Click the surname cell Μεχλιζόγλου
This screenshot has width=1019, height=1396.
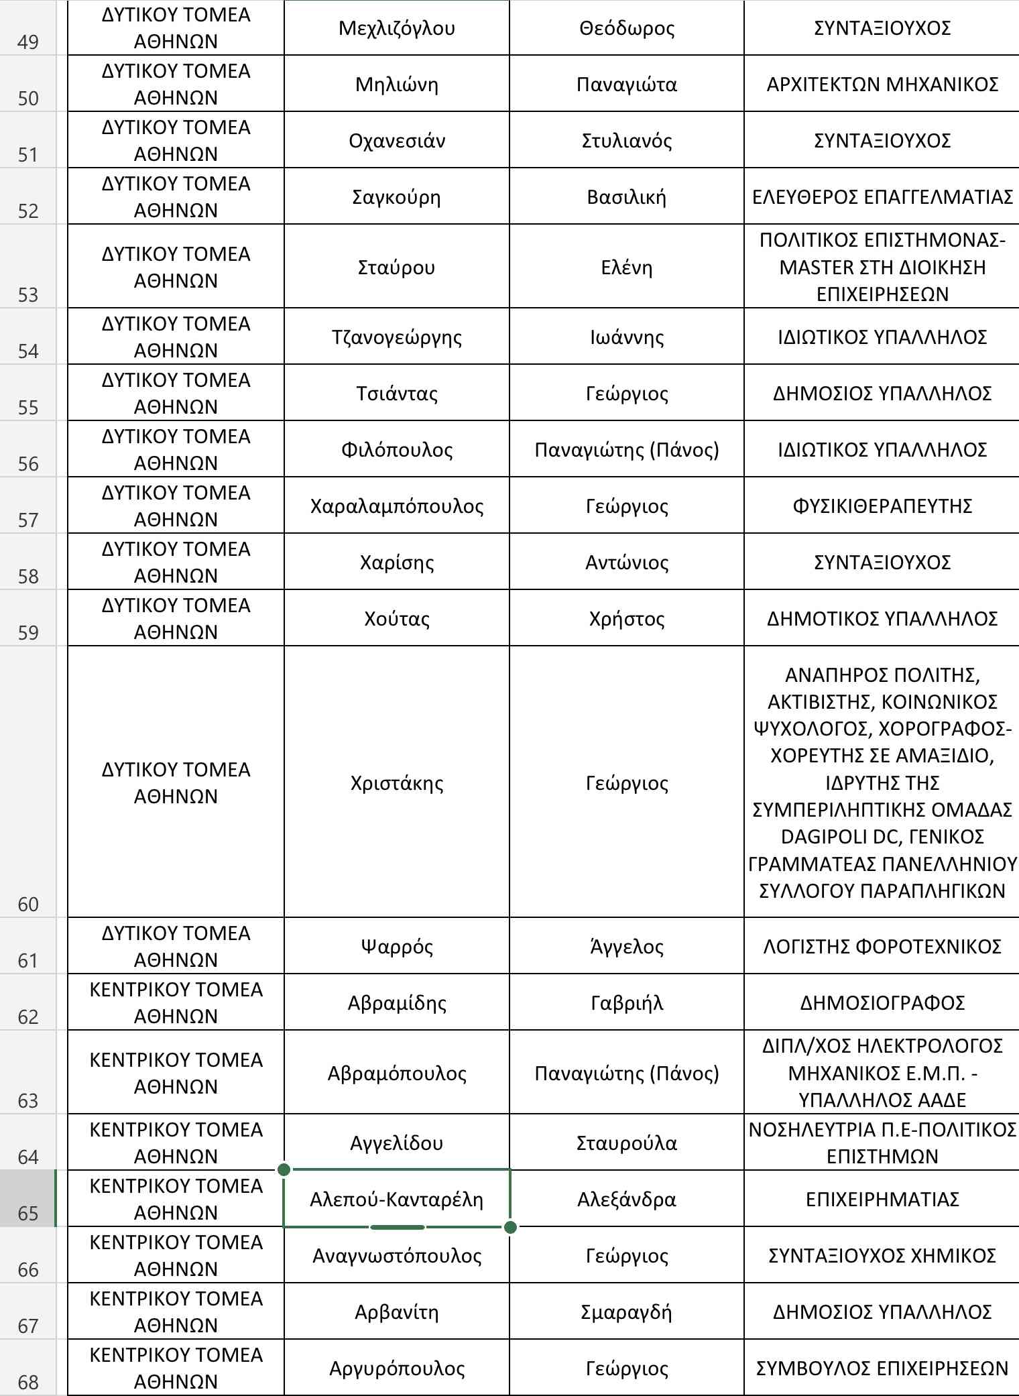[x=396, y=28]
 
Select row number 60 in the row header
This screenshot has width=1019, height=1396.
[x=28, y=904]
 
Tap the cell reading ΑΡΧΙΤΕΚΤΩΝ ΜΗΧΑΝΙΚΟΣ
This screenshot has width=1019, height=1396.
[x=882, y=84]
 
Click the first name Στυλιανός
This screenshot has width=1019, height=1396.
[x=626, y=141]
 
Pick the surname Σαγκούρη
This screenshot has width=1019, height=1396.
[x=396, y=197]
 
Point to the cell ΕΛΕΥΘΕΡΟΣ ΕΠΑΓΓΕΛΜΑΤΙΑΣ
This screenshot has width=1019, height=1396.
[x=882, y=197]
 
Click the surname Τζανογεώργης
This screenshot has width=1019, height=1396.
[x=396, y=337]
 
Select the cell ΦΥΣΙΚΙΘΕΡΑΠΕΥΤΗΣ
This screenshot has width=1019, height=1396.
[x=882, y=506]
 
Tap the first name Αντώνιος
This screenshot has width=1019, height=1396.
[x=626, y=563]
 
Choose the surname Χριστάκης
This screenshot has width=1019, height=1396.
[x=396, y=783]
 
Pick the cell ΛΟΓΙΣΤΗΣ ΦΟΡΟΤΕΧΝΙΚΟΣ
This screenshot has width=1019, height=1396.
[x=882, y=947]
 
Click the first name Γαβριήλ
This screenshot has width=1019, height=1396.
[x=626, y=1003]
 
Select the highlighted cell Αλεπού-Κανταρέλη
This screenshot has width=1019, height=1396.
[x=396, y=1199]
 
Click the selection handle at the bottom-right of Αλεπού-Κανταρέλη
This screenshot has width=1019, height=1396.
[x=510, y=1227]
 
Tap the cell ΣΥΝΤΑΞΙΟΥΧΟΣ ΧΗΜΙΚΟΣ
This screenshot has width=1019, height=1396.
[x=882, y=1255]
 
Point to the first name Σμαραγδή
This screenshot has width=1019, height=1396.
[x=626, y=1312]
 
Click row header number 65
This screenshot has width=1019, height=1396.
[x=28, y=1213]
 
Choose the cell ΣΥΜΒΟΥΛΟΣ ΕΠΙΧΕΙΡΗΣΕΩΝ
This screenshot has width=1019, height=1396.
[x=882, y=1368]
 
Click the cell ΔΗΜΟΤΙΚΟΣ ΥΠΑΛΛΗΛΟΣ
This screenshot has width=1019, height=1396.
[x=882, y=619]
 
